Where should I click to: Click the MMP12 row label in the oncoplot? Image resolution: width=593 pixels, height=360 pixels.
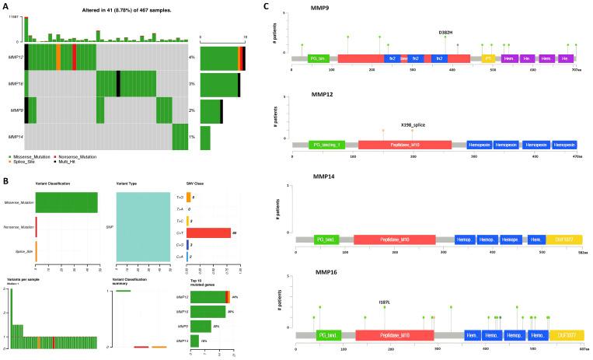click(x=16, y=58)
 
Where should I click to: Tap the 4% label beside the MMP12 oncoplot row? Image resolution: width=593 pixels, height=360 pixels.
click(x=191, y=58)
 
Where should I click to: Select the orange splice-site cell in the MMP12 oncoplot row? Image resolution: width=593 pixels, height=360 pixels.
click(x=58, y=58)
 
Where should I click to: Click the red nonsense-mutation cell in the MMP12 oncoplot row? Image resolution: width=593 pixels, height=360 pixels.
click(x=74, y=58)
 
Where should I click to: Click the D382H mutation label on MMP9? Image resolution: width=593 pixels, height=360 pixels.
click(x=446, y=33)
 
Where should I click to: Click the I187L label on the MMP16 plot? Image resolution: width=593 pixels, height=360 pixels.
click(x=385, y=302)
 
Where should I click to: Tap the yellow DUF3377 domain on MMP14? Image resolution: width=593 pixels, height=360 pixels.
click(x=560, y=239)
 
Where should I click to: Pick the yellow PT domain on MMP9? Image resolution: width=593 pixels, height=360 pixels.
click(x=489, y=58)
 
